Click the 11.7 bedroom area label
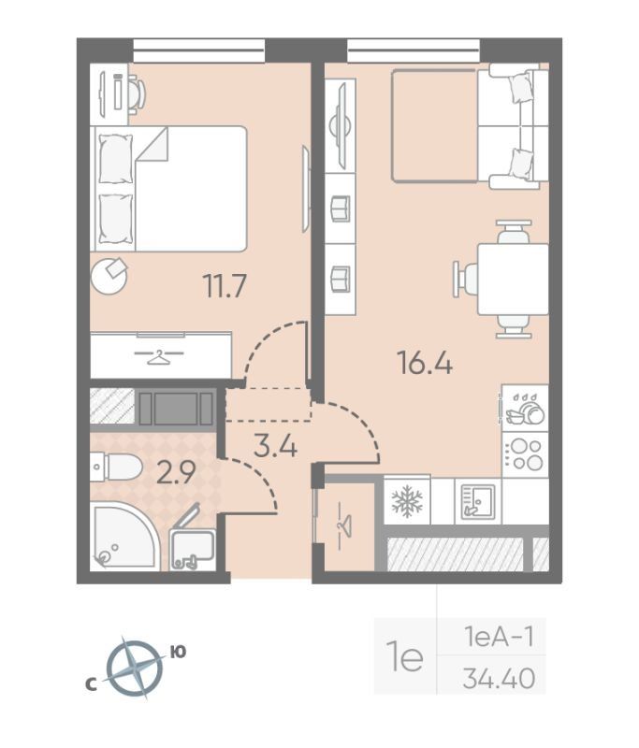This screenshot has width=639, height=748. tap(225, 286)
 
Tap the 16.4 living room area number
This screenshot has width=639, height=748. tap(425, 363)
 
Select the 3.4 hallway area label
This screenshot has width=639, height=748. tap(276, 447)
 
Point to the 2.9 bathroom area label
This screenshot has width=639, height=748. tap(176, 473)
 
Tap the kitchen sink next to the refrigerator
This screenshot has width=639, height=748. tap(478, 501)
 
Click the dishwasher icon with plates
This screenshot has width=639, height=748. tap(525, 409)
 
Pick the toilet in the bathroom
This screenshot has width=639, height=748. tap(116, 467)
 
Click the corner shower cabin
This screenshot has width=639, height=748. tap(124, 536)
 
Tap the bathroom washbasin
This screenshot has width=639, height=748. tap(193, 548)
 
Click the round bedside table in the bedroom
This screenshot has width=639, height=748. tap(109, 276)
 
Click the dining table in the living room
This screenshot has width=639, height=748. tap(513, 279)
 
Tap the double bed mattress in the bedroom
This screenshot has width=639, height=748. tap(191, 189)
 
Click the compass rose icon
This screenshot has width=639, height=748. tap(134, 668)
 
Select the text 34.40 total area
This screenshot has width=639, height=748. tap(499, 679)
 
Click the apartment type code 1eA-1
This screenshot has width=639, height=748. tap(499, 638)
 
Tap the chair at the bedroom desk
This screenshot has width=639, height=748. tap(137, 94)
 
